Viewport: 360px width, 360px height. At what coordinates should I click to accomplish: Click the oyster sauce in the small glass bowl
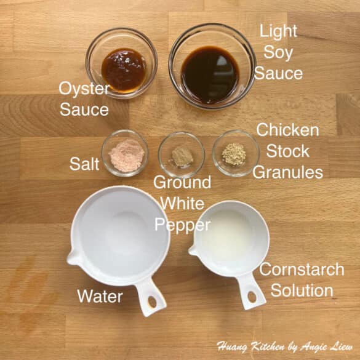tap(124, 69)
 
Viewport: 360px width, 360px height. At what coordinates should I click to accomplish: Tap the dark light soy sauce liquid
tap(210, 74)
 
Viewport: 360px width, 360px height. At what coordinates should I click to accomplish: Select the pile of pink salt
tap(127, 155)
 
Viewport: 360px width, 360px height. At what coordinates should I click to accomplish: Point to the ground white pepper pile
tap(182, 156)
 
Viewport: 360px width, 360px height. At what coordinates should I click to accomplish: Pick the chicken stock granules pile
tap(234, 154)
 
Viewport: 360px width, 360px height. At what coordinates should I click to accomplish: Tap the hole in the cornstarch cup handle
tap(252, 297)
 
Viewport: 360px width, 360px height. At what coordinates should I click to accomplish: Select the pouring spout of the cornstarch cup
tap(193, 250)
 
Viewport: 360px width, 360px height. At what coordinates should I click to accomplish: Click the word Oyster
tap(84, 89)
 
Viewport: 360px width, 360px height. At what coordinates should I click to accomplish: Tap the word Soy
tap(278, 52)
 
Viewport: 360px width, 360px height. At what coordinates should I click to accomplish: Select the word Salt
tap(84, 164)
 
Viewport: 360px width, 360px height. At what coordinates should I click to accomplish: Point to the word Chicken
tap(287, 130)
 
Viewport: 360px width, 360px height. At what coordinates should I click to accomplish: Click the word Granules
tap(288, 172)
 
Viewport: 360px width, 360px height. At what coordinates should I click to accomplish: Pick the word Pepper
tap(183, 225)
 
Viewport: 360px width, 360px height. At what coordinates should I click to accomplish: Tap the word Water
tap(100, 296)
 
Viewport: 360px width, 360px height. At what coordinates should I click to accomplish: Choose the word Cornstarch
tap(302, 270)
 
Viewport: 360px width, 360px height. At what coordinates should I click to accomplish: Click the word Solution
tap(302, 290)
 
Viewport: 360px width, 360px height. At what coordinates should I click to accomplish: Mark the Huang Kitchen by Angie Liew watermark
tap(284, 346)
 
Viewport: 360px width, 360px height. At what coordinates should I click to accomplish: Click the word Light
tap(278, 31)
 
